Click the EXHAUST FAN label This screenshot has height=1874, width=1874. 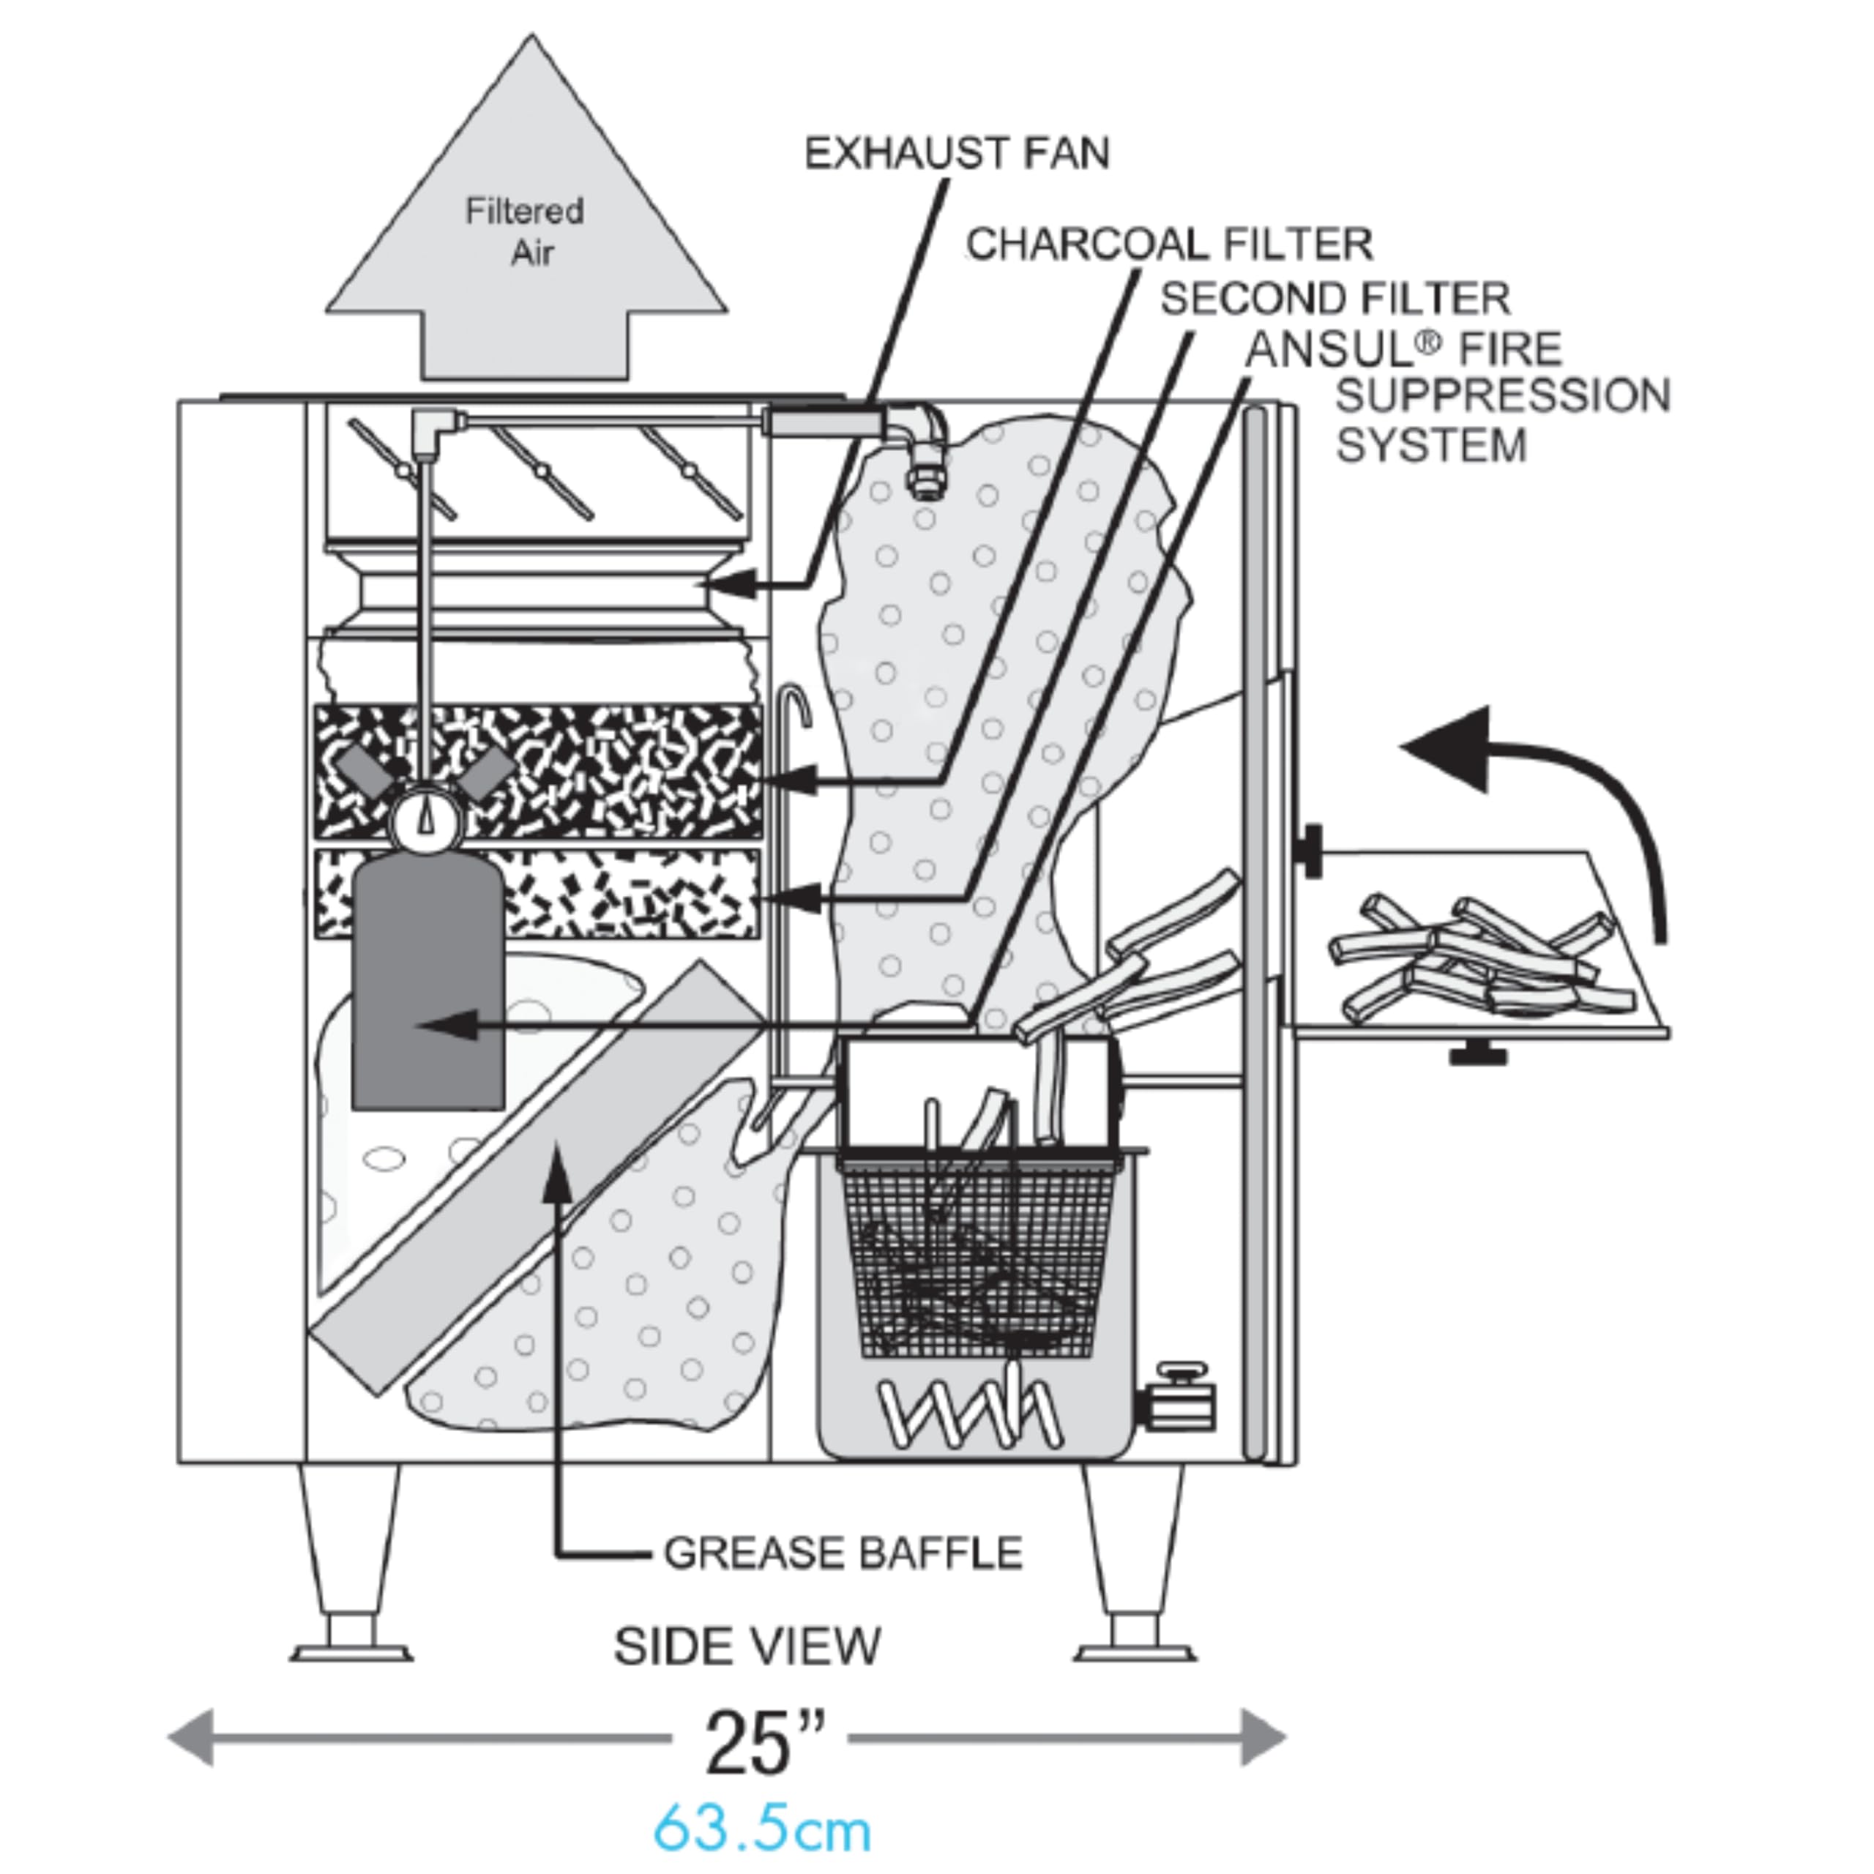[x=957, y=153]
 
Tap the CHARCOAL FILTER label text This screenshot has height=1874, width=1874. [x=1170, y=244]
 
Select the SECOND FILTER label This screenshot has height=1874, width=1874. [x=1336, y=299]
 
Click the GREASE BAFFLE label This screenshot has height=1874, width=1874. [x=843, y=1553]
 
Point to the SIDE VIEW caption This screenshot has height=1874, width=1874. [x=747, y=1646]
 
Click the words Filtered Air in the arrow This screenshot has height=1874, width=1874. [x=525, y=232]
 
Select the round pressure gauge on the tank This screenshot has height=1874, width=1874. [x=426, y=821]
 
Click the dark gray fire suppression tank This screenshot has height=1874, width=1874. [x=428, y=982]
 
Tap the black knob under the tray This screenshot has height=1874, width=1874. [x=1477, y=1050]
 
